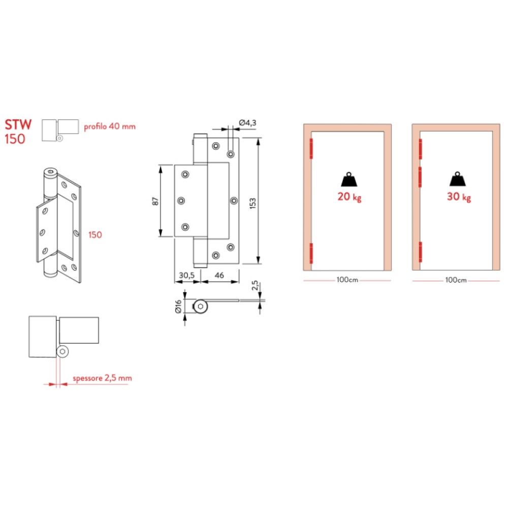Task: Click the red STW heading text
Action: [18, 125]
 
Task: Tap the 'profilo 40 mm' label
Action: [110, 126]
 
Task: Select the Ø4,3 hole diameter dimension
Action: [247, 123]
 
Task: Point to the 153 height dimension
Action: [252, 203]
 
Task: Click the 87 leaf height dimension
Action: [155, 201]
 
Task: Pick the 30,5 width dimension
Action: [186, 275]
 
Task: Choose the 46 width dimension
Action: [219, 275]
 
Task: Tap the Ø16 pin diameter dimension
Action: [178, 306]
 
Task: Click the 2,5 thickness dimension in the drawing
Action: [255, 285]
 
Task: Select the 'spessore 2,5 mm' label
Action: [103, 378]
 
